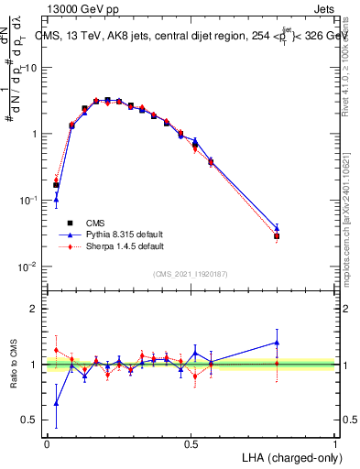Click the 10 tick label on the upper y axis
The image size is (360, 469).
tap(31, 68)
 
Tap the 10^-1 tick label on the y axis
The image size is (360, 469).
tap(29, 201)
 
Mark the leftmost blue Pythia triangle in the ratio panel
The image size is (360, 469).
tap(56, 402)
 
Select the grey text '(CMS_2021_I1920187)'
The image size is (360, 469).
tap(190, 274)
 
